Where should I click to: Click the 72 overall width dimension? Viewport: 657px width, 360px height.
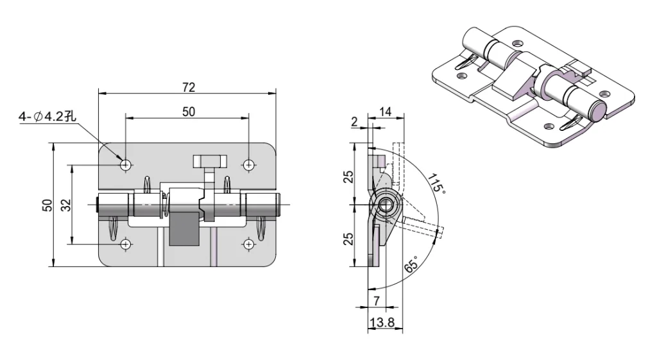(x=188, y=87)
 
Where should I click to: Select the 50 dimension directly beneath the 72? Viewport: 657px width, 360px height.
(x=188, y=112)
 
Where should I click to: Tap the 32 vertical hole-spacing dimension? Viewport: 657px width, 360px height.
(x=65, y=205)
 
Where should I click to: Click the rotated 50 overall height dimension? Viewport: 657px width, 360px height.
(x=47, y=205)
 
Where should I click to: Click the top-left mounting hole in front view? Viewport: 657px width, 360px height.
(x=126, y=165)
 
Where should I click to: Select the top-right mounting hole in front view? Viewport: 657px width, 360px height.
(x=248, y=165)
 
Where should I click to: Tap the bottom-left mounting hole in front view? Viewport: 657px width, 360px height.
(x=126, y=244)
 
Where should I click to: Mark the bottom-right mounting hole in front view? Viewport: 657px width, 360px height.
(x=248, y=244)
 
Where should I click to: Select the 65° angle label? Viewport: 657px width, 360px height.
(x=411, y=264)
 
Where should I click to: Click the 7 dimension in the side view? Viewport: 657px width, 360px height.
(x=377, y=300)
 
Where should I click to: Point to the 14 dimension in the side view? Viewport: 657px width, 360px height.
(x=386, y=112)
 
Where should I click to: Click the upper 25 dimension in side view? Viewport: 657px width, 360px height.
(x=348, y=175)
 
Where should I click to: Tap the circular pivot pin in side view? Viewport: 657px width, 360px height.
(x=387, y=205)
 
